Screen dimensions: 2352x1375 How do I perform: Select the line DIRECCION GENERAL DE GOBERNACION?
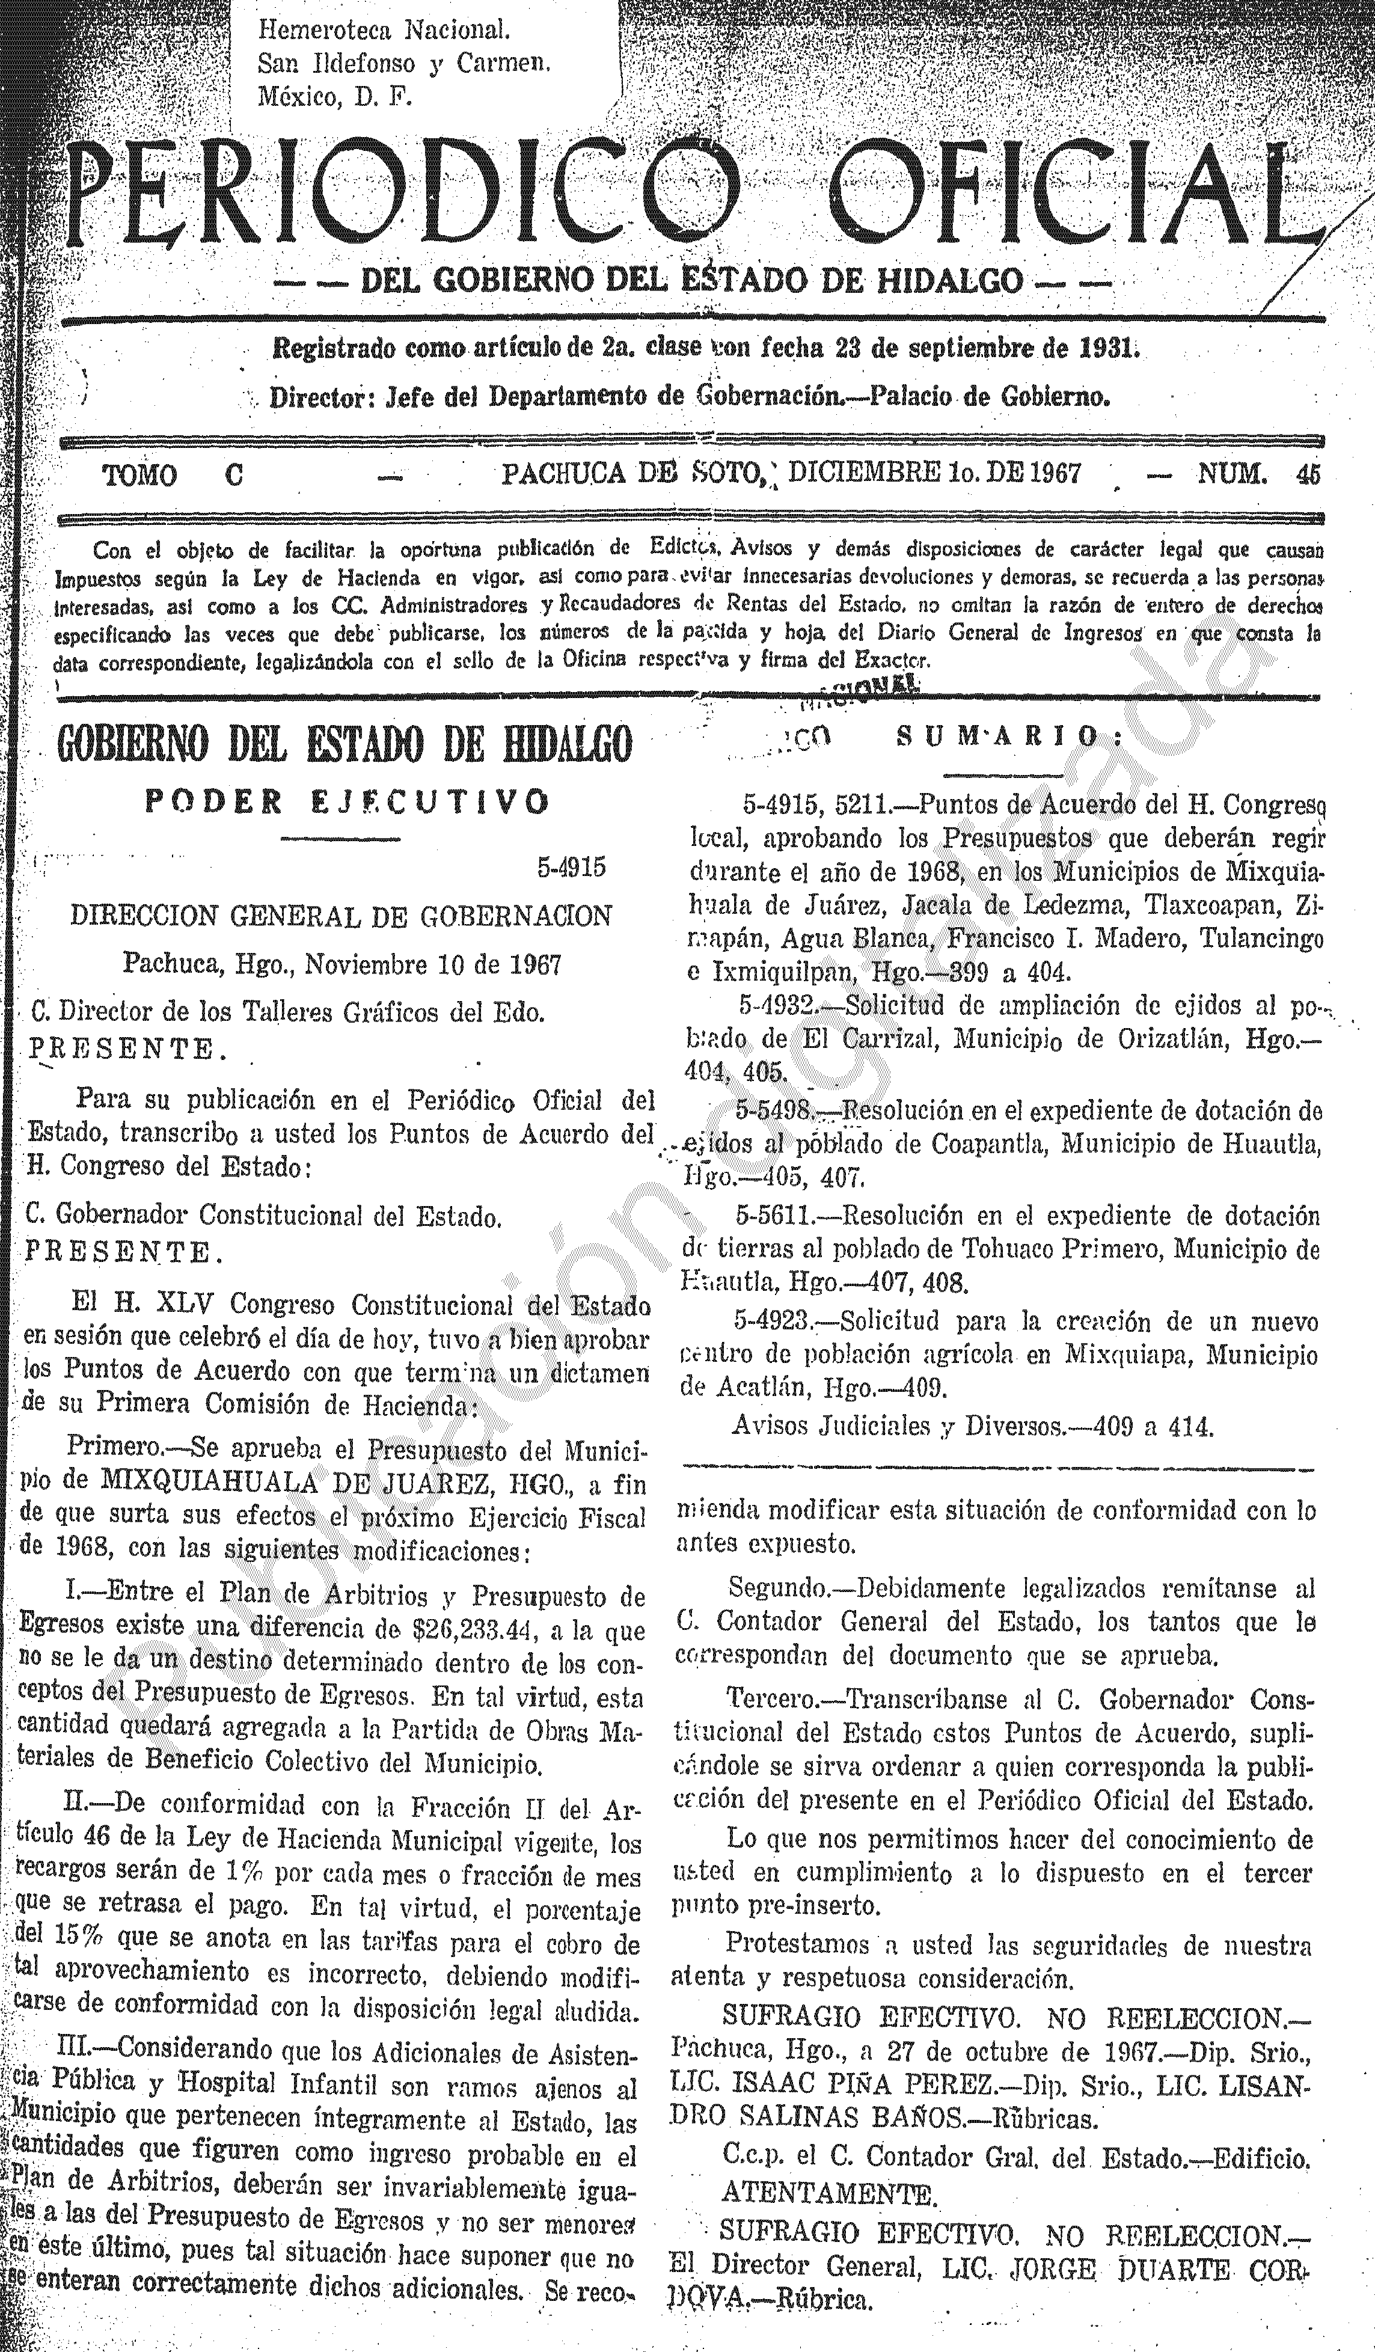(x=341, y=916)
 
